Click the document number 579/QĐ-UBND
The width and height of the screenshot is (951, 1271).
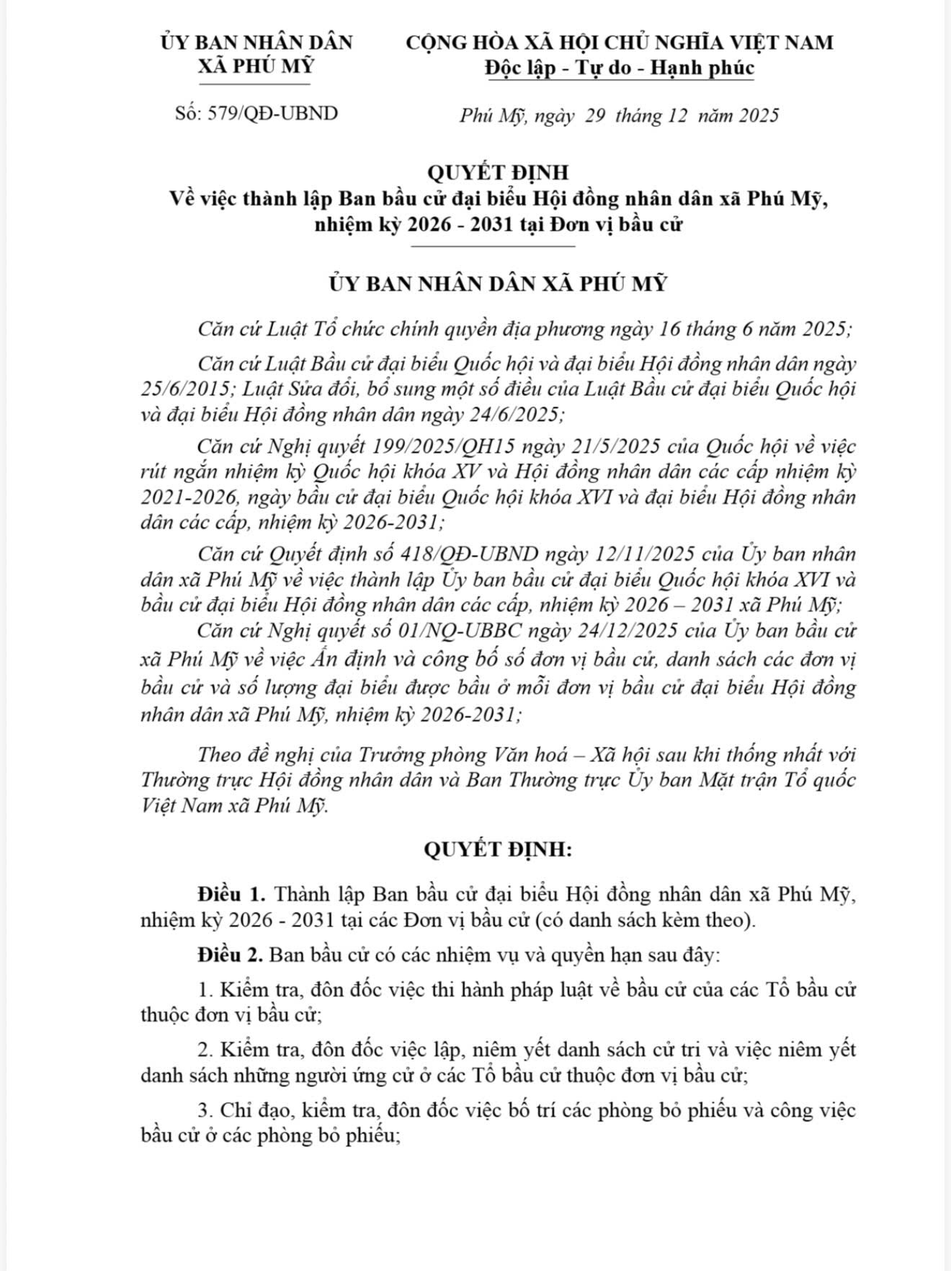coord(272,113)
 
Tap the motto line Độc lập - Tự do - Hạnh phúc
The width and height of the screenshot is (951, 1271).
coord(619,68)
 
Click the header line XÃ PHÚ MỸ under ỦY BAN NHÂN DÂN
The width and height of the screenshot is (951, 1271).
coord(256,66)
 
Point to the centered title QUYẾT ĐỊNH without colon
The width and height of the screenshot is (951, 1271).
coord(497,173)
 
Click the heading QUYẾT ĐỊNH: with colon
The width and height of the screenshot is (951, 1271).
coord(497,850)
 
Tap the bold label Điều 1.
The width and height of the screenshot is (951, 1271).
coord(233,895)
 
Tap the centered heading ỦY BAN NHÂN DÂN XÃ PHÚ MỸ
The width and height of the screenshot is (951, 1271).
coord(497,283)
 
